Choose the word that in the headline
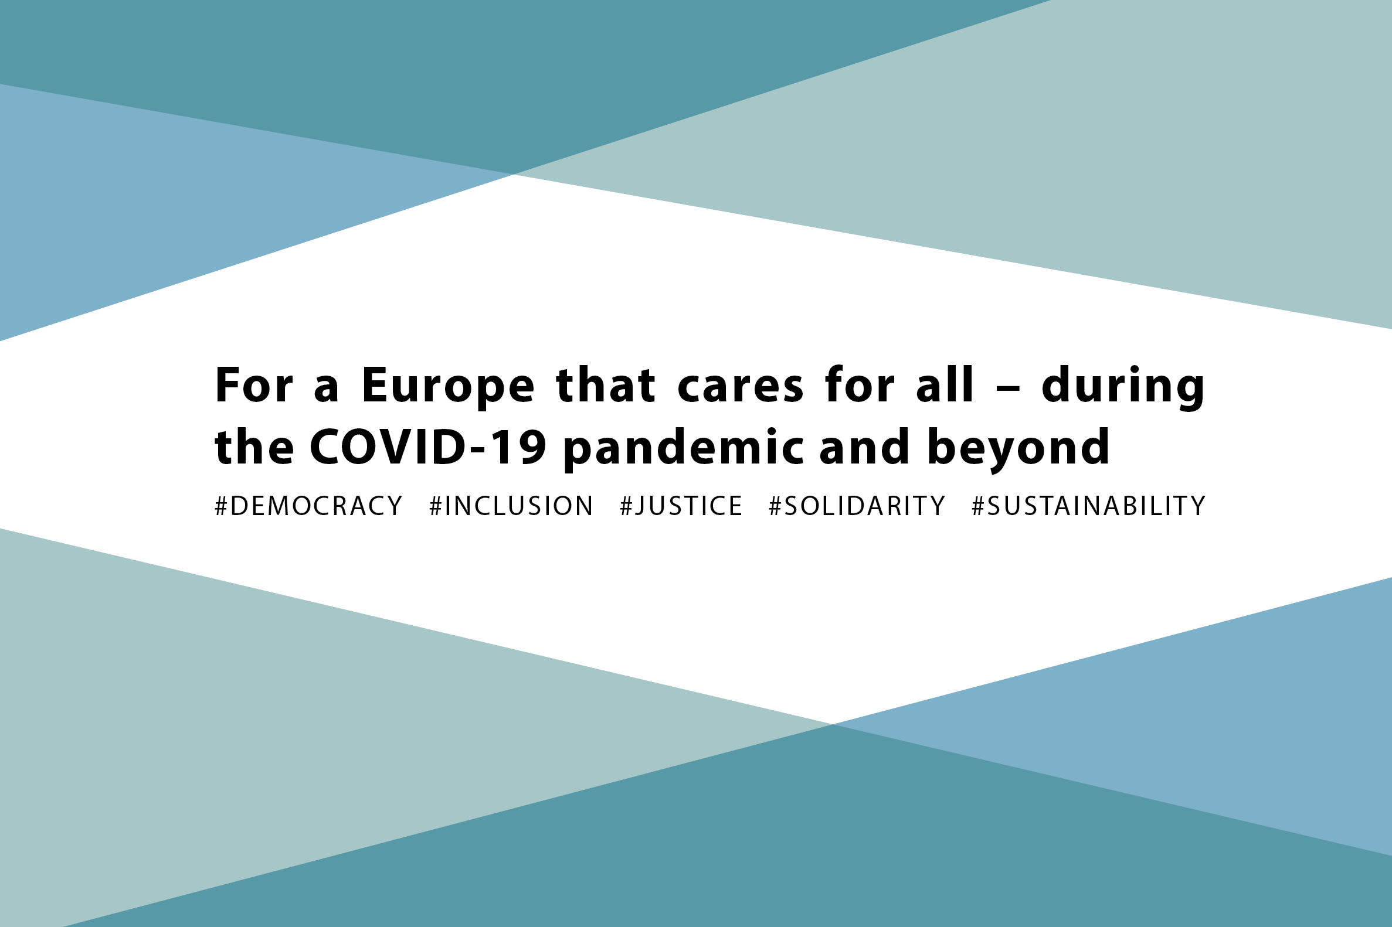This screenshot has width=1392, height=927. [606, 386]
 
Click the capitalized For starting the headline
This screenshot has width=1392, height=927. [254, 386]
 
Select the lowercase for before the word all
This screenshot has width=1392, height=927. [860, 386]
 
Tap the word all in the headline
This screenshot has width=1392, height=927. [944, 385]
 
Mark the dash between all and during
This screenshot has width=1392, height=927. [1008, 390]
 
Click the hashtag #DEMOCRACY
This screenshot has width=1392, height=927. [309, 506]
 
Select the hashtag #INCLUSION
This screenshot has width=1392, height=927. [511, 506]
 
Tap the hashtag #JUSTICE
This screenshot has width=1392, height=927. [681, 506]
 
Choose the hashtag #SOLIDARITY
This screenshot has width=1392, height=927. [857, 506]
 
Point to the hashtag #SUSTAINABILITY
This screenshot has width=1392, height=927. [1088, 506]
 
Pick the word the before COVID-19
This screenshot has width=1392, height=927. [254, 447]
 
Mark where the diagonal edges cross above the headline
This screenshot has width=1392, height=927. [514, 175]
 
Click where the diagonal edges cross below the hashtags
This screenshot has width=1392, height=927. [833, 724]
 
